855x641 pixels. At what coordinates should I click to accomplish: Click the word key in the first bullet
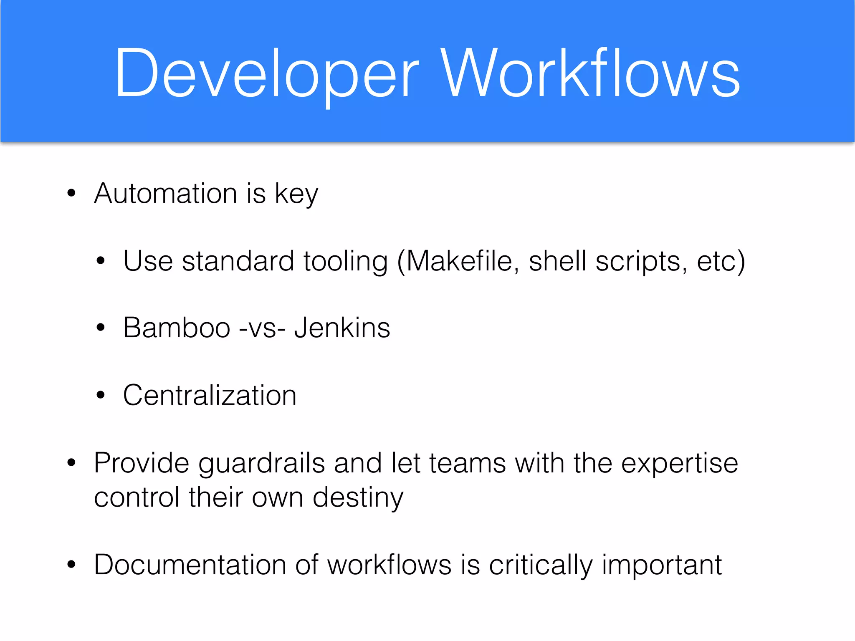296,194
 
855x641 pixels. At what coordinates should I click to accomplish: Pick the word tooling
345,262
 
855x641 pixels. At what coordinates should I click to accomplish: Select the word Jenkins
342,328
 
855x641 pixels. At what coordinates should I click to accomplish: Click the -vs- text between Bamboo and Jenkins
262,328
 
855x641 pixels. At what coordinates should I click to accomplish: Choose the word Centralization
210,395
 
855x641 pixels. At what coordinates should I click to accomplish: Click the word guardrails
261,464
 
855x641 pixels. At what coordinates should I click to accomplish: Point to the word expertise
680,464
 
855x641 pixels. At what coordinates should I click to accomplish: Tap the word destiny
358,498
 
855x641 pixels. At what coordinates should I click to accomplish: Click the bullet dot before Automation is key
71,193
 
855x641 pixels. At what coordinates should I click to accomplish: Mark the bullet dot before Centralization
100,395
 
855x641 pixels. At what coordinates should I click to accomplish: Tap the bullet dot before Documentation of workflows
71,565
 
